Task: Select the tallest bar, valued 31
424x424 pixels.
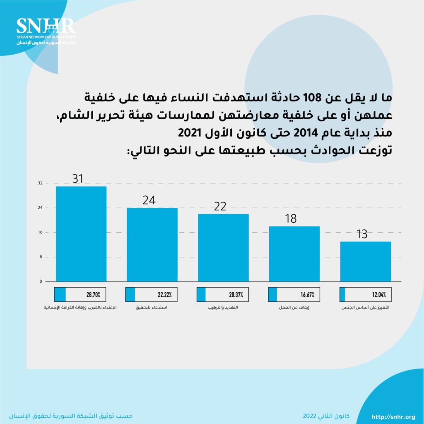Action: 81,234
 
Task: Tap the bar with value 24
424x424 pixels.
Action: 152,244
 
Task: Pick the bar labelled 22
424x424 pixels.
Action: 223,248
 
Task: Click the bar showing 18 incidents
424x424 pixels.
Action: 294,253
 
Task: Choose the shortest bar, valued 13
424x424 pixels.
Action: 365,261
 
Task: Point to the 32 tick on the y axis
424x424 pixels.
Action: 40,183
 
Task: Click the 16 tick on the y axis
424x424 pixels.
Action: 40,232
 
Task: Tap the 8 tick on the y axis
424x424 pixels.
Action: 41,257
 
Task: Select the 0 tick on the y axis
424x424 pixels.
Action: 41,282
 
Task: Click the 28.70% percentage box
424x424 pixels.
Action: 81,295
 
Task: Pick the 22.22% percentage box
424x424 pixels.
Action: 152,295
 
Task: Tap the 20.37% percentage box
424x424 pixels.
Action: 223,295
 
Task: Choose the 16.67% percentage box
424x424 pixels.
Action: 294,295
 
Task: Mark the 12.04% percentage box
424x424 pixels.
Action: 365,295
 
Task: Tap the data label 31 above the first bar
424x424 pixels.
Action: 78,178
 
